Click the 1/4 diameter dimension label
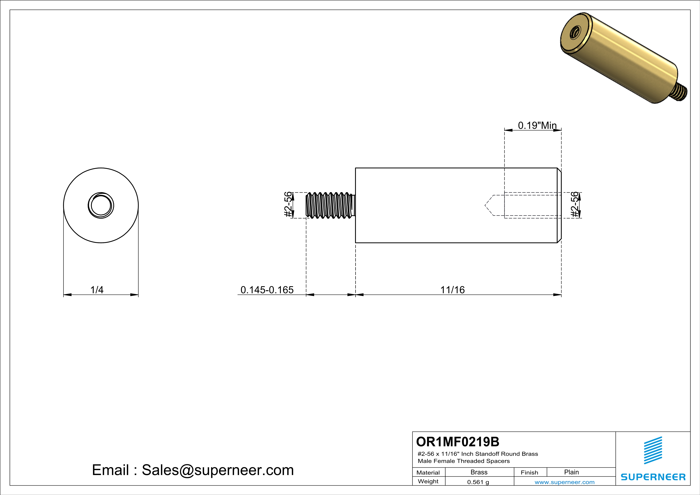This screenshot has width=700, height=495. (97, 290)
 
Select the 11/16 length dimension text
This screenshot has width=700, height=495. (452, 290)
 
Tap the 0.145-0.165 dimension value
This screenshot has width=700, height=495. (267, 290)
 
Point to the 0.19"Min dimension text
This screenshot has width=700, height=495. (537, 125)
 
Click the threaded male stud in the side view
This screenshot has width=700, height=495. (330, 205)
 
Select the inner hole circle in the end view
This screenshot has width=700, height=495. (101, 205)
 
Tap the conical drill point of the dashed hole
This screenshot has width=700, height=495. (489, 205)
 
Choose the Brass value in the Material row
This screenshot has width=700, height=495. (479, 472)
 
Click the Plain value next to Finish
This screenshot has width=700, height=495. (571, 472)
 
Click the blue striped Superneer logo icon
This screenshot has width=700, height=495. (653, 450)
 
